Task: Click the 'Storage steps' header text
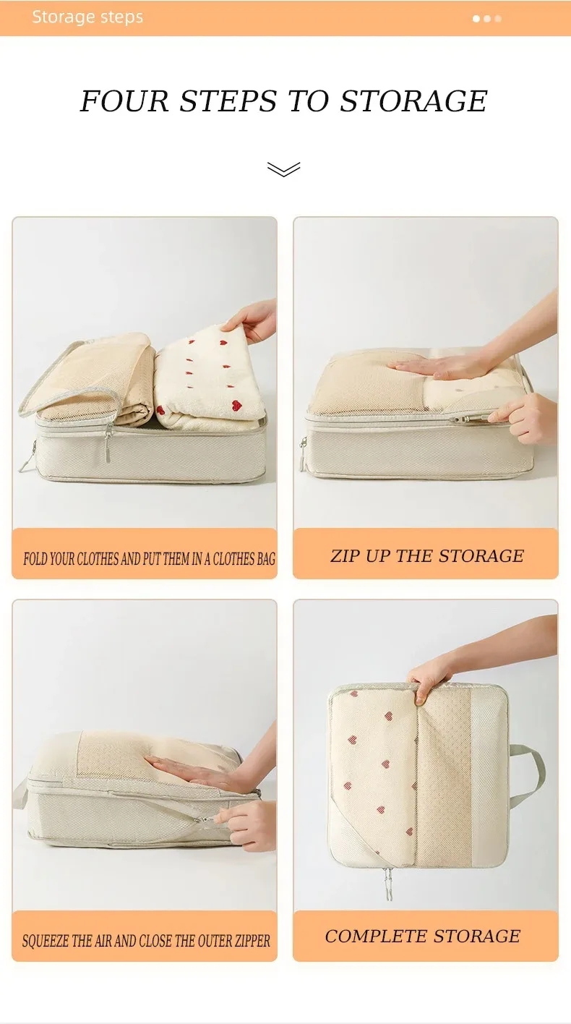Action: pyautogui.click(x=87, y=17)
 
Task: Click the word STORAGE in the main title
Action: pyautogui.click(x=413, y=101)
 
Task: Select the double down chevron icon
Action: pyautogui.click(x=283, y=168)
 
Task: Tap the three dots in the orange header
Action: pyautogui.click(x=487, y=19)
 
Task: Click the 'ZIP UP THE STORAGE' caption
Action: pyautogui.click(x=427, y=556)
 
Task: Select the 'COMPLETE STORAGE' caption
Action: pyautogui.click(x=423, y=936)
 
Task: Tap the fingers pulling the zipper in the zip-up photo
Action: pyautogui.click(x=525, y=417)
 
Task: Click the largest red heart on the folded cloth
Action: pyautogui.click(x=236, y=404)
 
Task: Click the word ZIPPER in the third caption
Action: pyautogui.click(x=252, y=941)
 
